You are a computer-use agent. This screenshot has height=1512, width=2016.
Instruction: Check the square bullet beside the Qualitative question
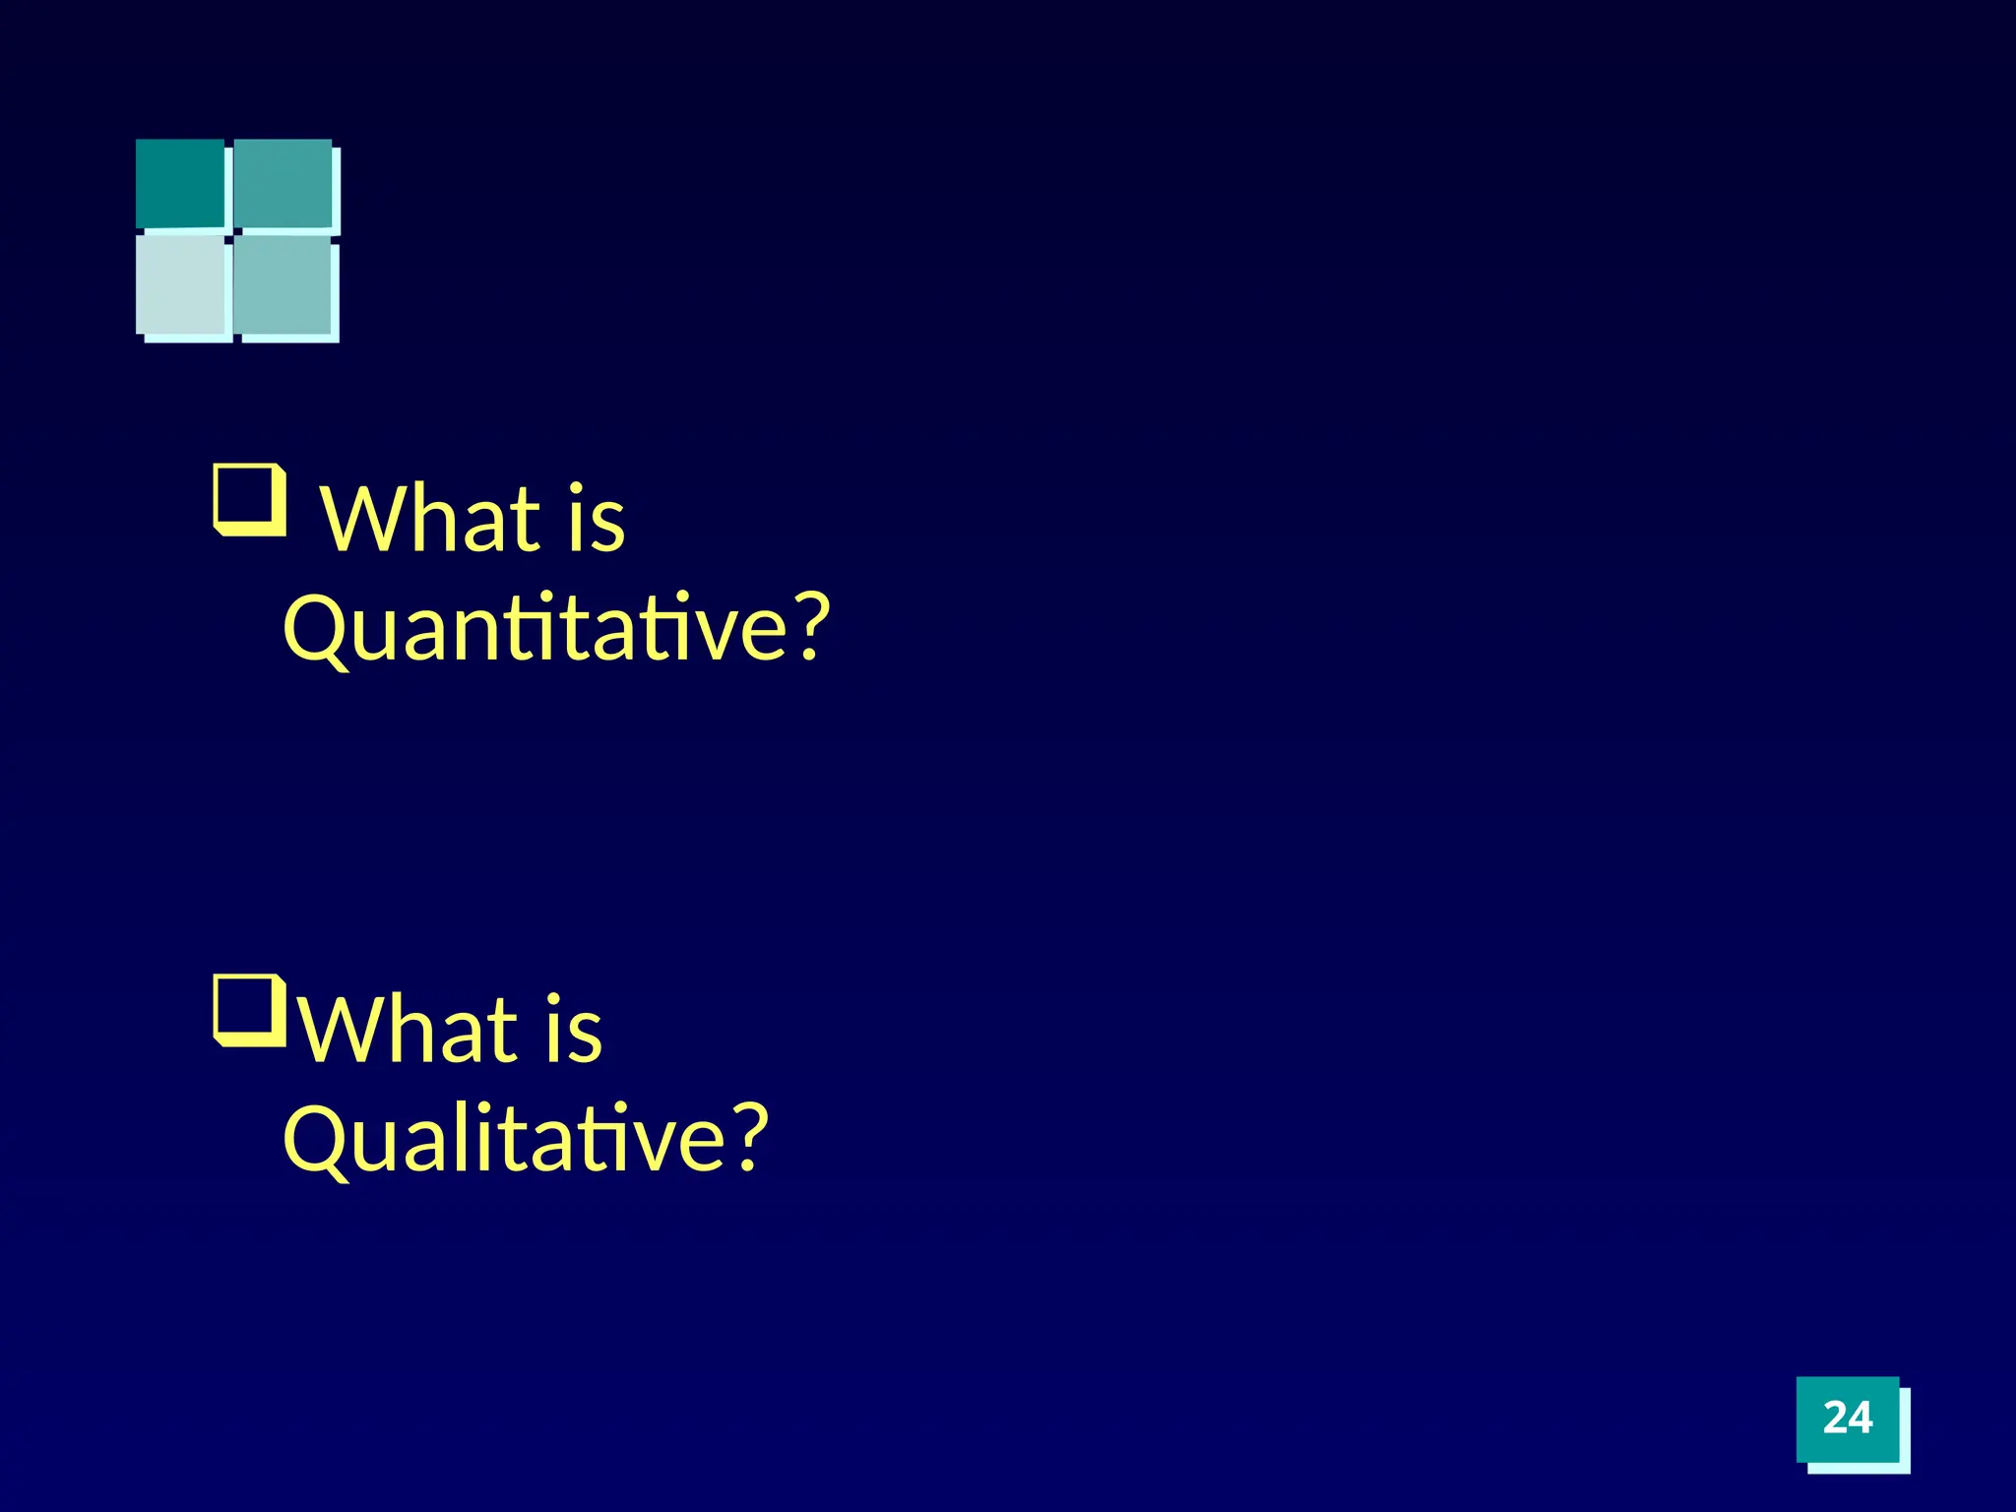coord(250,1010)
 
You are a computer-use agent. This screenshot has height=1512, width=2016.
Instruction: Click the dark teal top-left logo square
coord(180,183)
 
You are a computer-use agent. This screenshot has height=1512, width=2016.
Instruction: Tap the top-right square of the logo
coord(283,184)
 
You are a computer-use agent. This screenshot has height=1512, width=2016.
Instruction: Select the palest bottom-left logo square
coord(181,283)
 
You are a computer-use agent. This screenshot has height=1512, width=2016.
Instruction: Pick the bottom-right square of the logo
coord(283,285)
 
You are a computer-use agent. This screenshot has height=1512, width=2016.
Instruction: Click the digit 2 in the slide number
coord(1835,1418)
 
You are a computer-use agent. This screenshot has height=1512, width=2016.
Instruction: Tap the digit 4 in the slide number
coord(1860,1418)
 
